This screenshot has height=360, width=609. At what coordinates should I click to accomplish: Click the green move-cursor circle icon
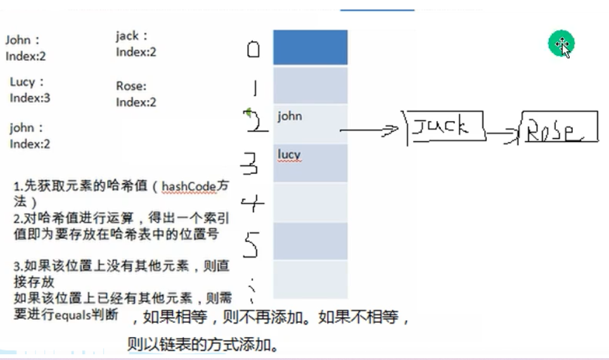(x=561, y=44)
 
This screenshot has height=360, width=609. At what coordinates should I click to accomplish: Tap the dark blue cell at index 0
(x=310, y=47)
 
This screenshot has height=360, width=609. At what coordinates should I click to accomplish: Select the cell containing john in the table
(x=310, y=124)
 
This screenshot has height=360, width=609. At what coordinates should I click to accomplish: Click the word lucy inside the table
(x=288, y=155)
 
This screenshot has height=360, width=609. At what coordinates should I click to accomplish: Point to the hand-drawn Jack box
(x=445, y=127)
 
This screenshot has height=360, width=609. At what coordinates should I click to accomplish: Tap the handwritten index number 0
(x=253, y=49)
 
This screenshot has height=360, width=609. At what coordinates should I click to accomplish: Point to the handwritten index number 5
(x=251, y=243)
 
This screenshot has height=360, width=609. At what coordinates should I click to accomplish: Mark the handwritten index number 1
(x=254, y=87)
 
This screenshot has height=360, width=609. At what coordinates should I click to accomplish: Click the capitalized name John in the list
(x=19, y=41)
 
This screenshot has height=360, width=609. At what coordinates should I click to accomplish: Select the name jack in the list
(x=128, y=36)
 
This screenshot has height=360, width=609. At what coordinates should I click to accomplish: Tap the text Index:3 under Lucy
(x=30, y=98)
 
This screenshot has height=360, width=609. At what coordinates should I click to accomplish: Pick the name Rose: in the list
(x=131, y=86)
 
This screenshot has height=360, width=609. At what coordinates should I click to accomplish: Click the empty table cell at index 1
(x=310, y=86)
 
